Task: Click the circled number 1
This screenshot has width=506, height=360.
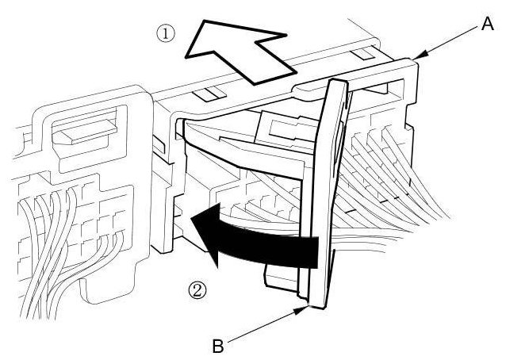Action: (165, 34)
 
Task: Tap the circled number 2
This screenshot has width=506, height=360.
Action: (198, 289)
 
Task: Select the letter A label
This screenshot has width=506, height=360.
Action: (487, 25)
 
